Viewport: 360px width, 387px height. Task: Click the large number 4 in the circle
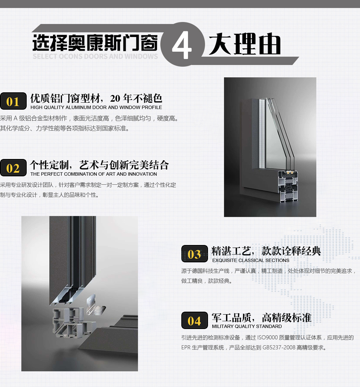[182, 45]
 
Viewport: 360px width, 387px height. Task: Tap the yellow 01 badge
[13, 101]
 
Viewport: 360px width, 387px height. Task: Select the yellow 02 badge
[13, 168]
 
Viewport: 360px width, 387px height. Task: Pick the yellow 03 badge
[194, 254]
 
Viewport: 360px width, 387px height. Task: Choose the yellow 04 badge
[194, 320]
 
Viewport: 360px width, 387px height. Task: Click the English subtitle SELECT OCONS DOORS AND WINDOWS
[95, 56]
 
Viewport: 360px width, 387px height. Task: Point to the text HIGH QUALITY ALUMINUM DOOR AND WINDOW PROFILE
[96, 107]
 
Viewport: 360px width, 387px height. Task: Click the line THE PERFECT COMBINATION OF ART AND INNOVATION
[94, 174]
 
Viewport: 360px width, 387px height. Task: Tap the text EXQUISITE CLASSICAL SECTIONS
[251, 260]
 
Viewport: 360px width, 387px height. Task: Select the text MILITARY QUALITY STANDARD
[247, 326]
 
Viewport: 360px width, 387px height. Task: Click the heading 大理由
[245, 44]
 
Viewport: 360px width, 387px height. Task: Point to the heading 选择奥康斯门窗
[95, 42]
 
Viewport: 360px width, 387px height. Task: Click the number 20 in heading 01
[115, 98]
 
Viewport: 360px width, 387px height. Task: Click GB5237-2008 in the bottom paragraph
[279, 348]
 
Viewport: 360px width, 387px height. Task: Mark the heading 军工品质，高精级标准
[262, 318]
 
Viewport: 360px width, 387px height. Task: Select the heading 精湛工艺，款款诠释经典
[266, 251]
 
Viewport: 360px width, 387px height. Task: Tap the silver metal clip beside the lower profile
[96, 305]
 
